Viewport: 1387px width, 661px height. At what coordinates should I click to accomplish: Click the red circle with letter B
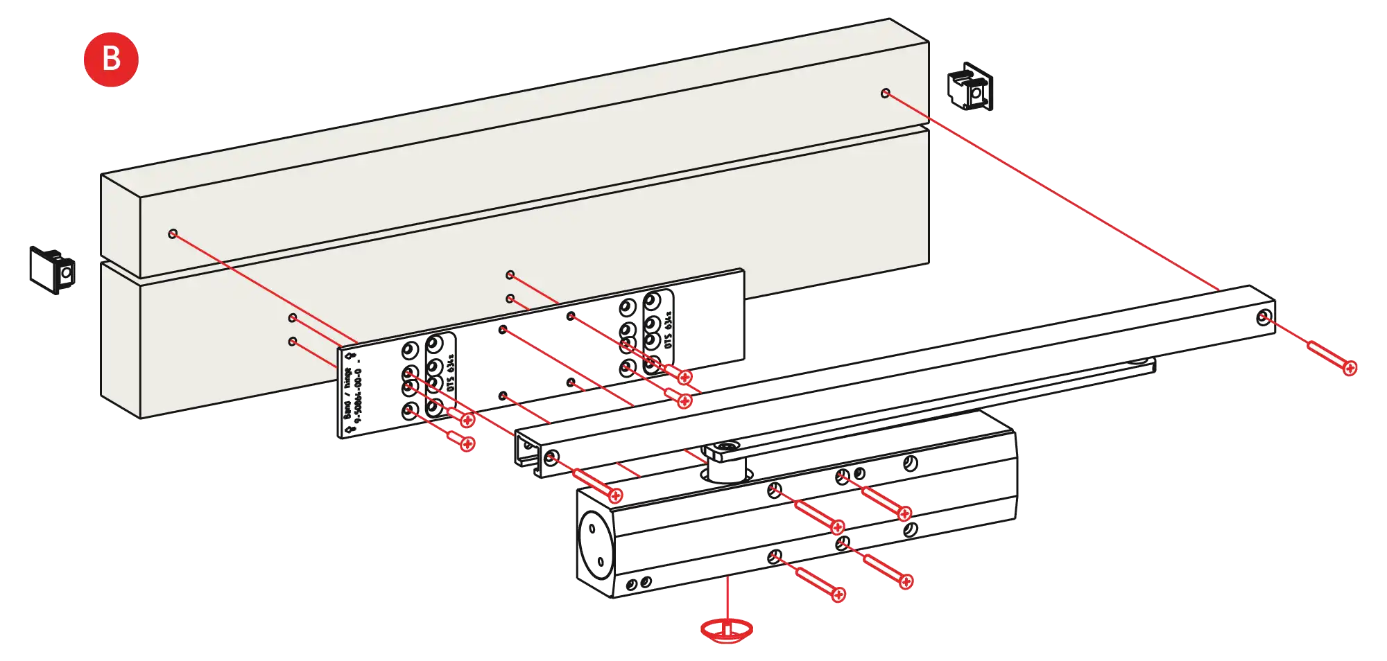point(111,59)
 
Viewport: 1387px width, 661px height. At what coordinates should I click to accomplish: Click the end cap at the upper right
point(970,87)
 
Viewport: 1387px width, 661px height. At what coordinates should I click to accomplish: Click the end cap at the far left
point(52,269)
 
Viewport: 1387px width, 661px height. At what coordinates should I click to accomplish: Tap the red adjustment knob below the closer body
point(726,629)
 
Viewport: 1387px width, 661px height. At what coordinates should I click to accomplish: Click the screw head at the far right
point(1350,368)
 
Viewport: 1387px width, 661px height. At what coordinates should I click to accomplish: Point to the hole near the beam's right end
point(885,93)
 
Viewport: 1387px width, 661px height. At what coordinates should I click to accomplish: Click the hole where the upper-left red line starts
point(173,233)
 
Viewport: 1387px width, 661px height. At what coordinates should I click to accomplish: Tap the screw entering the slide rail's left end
point(614,495)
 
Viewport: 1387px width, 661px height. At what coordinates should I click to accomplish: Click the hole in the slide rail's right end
point(1264,318)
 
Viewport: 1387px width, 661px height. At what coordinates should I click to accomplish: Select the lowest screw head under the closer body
point(838,594)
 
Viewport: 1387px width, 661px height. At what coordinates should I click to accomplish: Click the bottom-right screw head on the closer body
point(906,581)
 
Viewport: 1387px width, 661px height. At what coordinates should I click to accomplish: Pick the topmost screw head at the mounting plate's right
point(685,377)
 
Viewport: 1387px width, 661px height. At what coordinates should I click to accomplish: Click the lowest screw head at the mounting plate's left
point(467,443)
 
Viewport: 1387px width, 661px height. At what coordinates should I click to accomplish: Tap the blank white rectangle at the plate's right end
point(709,322)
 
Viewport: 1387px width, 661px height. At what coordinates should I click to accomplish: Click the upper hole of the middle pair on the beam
point(510,275)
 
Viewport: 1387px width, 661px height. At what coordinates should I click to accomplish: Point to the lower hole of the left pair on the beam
point(293,342)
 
